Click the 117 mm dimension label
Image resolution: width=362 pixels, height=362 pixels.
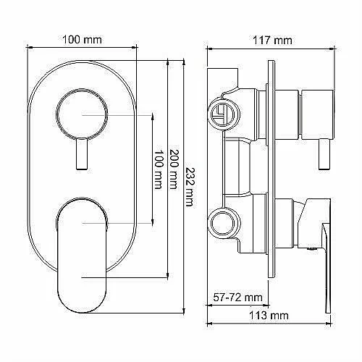(272, 41)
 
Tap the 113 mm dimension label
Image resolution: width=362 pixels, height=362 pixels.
(269, 316)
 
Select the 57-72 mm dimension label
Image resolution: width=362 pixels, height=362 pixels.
(237, 298)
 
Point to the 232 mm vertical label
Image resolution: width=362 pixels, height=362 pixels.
(190, 187)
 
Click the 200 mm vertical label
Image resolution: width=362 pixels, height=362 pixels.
(174, 169)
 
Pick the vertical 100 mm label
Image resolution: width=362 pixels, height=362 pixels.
(159, 169)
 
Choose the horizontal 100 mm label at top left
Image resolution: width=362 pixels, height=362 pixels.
(82, 40)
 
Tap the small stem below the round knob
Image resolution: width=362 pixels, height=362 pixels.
(82, 153)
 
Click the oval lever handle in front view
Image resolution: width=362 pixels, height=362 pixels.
(82, 256)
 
